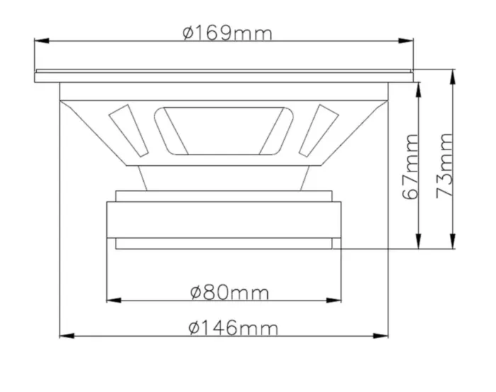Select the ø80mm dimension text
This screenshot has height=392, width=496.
pyautogui.click(x=229, y=291)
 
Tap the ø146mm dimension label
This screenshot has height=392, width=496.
pyautogui.click(x=233, y=327)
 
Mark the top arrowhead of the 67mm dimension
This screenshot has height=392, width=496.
pyautogui.click(x=420, y=86)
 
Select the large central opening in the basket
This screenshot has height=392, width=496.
pyautogui.click(x=223, y=130)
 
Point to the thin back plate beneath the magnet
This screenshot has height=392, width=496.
pyautogui.click(x=223, y=243)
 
